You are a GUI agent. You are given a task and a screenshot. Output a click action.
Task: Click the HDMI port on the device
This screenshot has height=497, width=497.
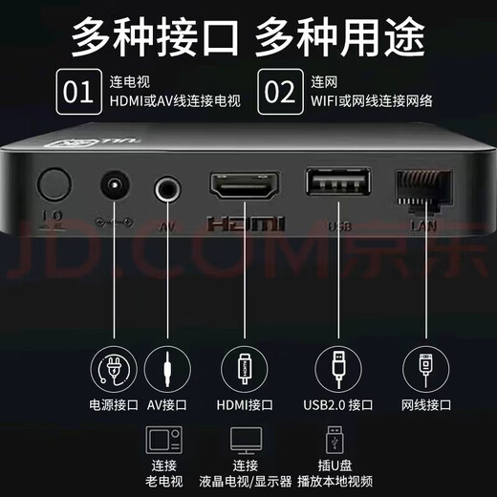[x=247, y=184]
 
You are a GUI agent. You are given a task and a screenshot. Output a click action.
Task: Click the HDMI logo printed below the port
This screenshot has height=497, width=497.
[x=247, y=226]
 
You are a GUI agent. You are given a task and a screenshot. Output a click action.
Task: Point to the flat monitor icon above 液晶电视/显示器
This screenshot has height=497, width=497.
[x=246, y=440]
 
